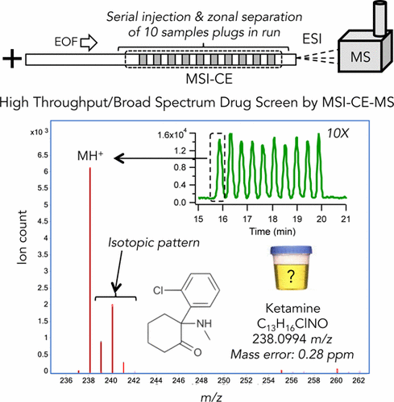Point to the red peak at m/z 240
pyautogui.click(x=113, y=338)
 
